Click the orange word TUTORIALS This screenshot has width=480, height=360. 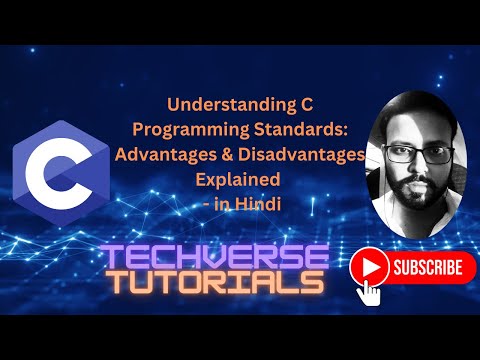[x=217, y=283]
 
